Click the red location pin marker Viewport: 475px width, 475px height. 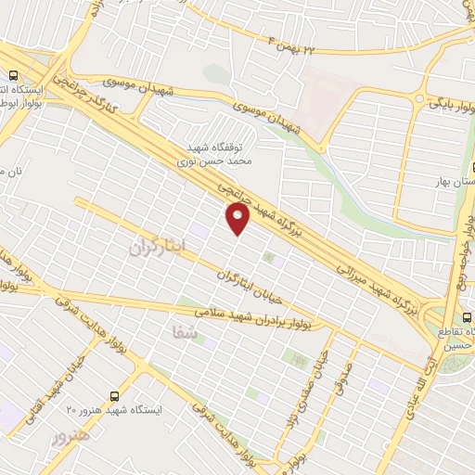tap(238, 219)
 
